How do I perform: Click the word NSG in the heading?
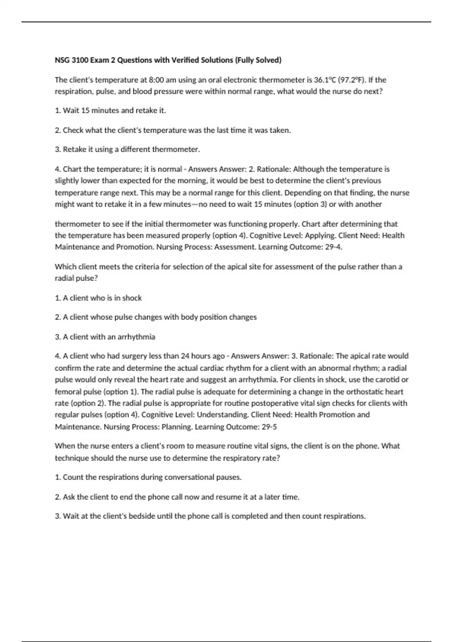point(62,60)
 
